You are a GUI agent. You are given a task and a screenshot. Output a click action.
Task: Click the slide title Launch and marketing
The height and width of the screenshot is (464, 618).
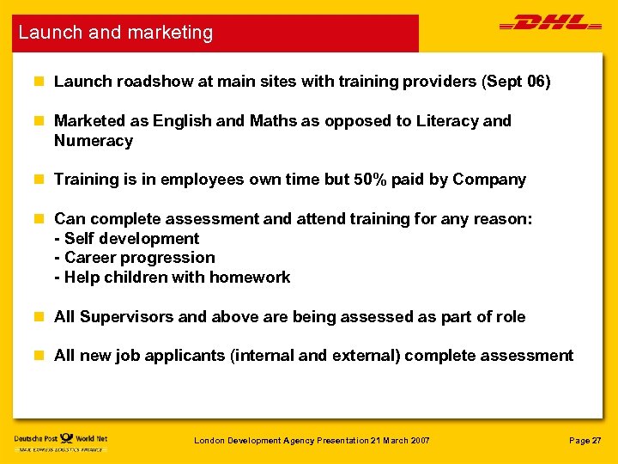[116, 33]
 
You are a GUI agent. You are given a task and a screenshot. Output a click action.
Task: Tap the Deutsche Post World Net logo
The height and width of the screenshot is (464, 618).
[60, 441]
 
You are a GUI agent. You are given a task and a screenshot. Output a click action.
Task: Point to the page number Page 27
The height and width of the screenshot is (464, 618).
[585, 441]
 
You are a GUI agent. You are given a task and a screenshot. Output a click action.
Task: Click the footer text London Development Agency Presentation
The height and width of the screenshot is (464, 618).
[311, 441]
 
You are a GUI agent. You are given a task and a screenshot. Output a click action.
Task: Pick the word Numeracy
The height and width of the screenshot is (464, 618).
[94, 141]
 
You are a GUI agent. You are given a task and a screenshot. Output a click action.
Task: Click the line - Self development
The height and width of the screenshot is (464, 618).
[126, 239]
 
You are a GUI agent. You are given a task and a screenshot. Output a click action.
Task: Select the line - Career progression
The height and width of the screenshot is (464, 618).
[134, 258]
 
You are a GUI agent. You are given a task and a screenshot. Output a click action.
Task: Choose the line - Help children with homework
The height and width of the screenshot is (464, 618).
[172, 278]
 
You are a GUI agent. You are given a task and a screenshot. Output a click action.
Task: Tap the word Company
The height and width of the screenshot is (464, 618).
[489, 180]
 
